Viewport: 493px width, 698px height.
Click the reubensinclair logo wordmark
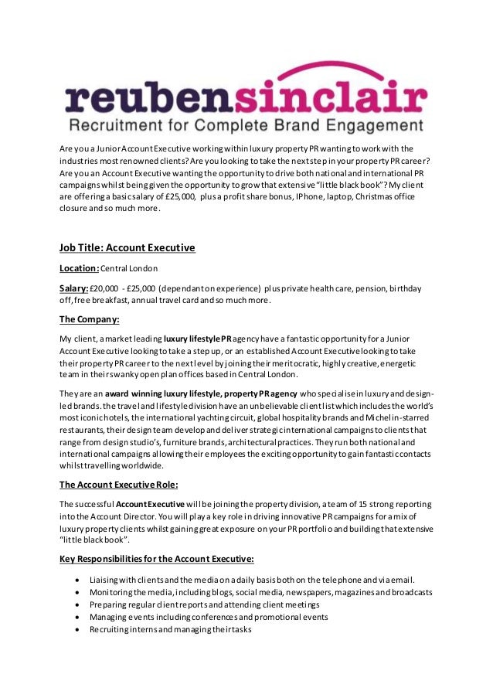point(246,99)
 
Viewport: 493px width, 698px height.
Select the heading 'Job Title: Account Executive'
point(127,248)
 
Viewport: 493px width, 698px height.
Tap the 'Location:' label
point(80,268)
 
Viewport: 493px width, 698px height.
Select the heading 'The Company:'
point(91,319)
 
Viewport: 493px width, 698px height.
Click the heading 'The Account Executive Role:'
point(119,485)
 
